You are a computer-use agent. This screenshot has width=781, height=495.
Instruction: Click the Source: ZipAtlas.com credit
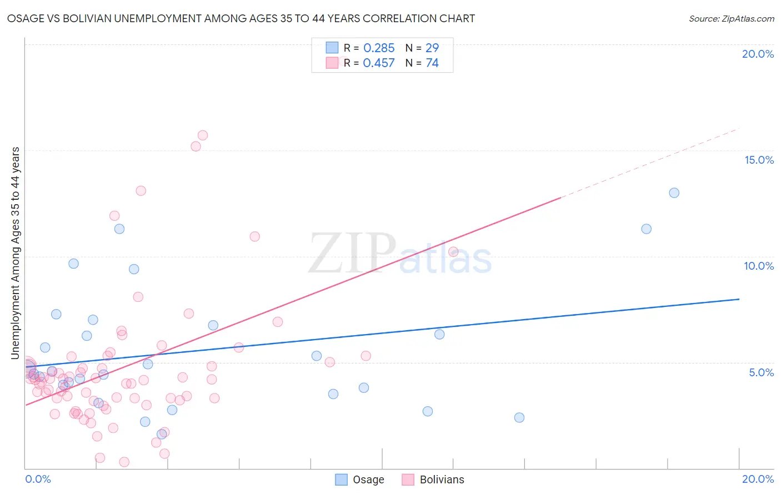click(x=731, y=18)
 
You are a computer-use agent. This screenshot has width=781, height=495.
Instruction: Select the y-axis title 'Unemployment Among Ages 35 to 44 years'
click(x=16, y=253)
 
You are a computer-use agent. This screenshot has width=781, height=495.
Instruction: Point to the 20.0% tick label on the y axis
click(x=758, y=54)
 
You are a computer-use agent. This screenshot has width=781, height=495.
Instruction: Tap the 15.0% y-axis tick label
click(x=759, y=160)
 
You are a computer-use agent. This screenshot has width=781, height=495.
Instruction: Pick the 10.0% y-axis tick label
click(x=759, y=266)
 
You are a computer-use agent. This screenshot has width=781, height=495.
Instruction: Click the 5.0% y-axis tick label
click(x=761, y=372)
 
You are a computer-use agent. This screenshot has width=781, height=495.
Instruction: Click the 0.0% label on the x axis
click(x=38, y=479)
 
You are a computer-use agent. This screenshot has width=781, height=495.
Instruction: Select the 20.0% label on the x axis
click(x=758, y=479)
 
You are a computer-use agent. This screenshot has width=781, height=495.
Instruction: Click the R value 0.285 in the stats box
click(x=379, y=48)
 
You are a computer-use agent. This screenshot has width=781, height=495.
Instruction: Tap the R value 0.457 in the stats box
click(x=379, y=63)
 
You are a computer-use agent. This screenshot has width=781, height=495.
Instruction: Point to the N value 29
click(x=432, y=48)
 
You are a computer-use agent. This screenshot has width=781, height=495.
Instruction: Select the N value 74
click(x=432, y=63)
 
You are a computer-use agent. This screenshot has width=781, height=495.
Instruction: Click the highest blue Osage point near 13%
click(x=674, y=193)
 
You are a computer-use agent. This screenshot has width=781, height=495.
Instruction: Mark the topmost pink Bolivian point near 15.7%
click(x=203, y=135)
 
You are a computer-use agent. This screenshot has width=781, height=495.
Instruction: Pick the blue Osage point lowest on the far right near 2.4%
click(x=519, y=417)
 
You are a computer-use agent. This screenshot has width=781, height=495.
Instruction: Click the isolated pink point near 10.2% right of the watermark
click(x=453, y=251)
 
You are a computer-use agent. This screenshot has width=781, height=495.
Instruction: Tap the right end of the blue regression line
click(x=739, y=299)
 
